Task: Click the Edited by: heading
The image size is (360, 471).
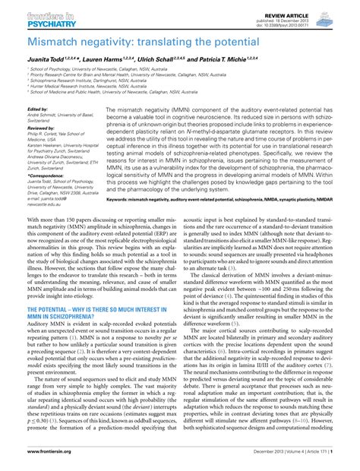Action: (39, 109)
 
